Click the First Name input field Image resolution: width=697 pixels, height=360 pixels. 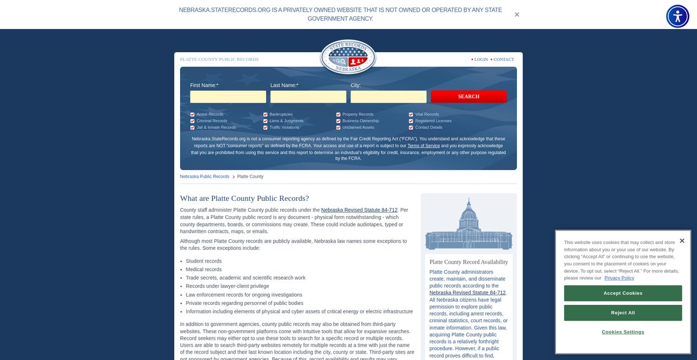pyautogui.click(x=228, y=97)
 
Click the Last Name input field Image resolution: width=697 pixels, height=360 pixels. pyautogui.click(x=308, y=97)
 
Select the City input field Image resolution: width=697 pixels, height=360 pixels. pyautogui.click(x=388, y=97)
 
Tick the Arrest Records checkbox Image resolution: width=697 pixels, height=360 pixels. pyautogui.click(x=192, y=114)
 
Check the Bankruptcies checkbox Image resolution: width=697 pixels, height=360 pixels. pyautogui.click(x=265, y=114)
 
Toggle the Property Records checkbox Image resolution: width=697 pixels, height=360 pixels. pyautogui.click(x=338, y=114)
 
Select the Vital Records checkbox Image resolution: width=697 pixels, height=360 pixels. pyautogui.click(x=411, y=114)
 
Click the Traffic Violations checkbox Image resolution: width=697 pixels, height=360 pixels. pyautogui.click(x=265, y=127)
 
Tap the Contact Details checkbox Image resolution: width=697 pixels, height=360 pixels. pyautogui.click(x=411, y=127)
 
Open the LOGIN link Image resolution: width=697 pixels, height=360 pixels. pyautogui.click(x=481, y=59)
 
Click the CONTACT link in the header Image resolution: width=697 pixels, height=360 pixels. pyautogui.click(x=504, y=59)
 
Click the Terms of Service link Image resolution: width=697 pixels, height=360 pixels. pyautogui.click(x=423, y=146)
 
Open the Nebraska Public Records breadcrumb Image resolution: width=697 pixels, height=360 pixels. pyautogui.click(x=204, y=177)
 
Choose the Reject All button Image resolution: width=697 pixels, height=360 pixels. pyautogui.click(x=623, y=313)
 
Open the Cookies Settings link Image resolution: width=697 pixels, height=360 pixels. pyautogui.click(x=623, y=332)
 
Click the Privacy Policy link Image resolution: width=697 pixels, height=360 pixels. pyautogui.click(x=619, y=278)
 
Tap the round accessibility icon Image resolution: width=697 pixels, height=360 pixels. pyautogui.click(x=677, y=16)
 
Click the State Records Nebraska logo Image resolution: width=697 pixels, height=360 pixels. pyautogui.click(x=348, y=57)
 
